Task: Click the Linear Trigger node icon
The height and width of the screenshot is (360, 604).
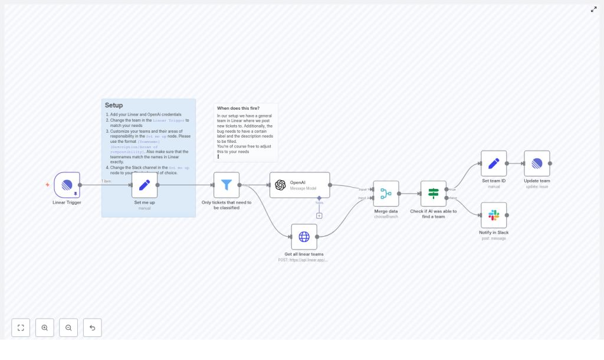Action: coord(67,185)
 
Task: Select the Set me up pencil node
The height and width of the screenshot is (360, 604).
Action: coord(145,185)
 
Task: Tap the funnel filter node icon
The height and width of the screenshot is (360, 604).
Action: coord(226,185)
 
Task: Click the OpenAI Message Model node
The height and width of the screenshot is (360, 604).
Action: coord(300,185)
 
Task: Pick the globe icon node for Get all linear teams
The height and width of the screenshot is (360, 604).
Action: coord(304,237)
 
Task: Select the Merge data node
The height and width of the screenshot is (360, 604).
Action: coord(386,194)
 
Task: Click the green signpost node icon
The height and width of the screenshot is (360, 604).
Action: coord(434,194)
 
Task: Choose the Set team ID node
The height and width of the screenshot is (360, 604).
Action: coord(494,163)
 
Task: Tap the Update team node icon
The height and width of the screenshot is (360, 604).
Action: coord(537,163)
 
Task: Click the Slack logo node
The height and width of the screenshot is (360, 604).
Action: coord(494,215)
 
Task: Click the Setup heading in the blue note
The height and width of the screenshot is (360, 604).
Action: coord(114,105)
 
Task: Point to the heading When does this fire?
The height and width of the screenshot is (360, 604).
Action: coord(238,109)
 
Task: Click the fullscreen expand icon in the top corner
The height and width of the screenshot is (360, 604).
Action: coord(593,9)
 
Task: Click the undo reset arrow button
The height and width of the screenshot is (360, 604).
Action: coord(92,328)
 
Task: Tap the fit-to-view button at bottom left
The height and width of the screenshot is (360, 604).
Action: coord(21,328)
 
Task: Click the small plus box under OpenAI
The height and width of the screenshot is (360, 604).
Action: coord(319,215)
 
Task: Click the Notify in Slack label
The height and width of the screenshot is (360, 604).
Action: coord(494,233)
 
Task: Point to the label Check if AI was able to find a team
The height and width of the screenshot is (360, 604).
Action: coord(434,214)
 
